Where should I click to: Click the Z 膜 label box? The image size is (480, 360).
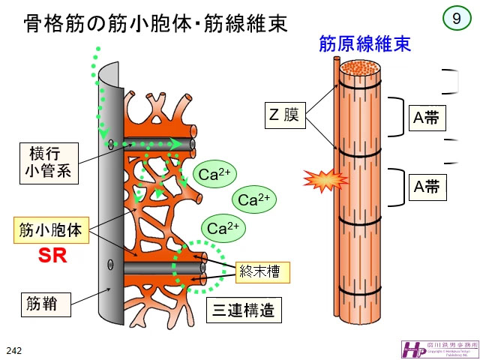point(286,115)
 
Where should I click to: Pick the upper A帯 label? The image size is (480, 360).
point(427,118)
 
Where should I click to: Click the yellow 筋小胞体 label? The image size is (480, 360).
point(52,229)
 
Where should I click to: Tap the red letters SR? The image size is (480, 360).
point(53,255)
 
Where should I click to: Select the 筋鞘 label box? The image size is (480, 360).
point(46,304)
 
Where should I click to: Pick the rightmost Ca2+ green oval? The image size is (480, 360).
point(253,200)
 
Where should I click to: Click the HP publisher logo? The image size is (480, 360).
point(412,348)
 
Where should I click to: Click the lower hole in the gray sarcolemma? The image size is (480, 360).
point(111,265)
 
